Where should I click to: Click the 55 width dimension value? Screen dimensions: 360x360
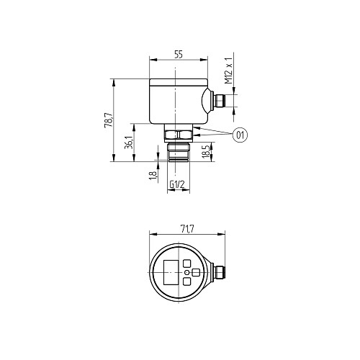click(x=179, y=55)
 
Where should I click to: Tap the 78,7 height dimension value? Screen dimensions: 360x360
click(x=108, y=120)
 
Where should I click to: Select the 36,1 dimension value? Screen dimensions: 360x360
click(x=129, y=142)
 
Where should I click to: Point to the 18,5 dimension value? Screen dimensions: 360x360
click(x=206, y=151)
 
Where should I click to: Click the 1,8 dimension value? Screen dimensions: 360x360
click(x=153, y=175)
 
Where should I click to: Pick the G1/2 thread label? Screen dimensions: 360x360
click(x=177, y=184)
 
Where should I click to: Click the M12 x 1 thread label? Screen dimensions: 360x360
click(x=229, y=71)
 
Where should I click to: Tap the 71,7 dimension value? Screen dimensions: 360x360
click(x=187, y=230)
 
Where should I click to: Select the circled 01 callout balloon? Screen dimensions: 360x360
click(x=240, y=135)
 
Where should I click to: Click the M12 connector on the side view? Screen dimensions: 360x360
click(x=220, y=101)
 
